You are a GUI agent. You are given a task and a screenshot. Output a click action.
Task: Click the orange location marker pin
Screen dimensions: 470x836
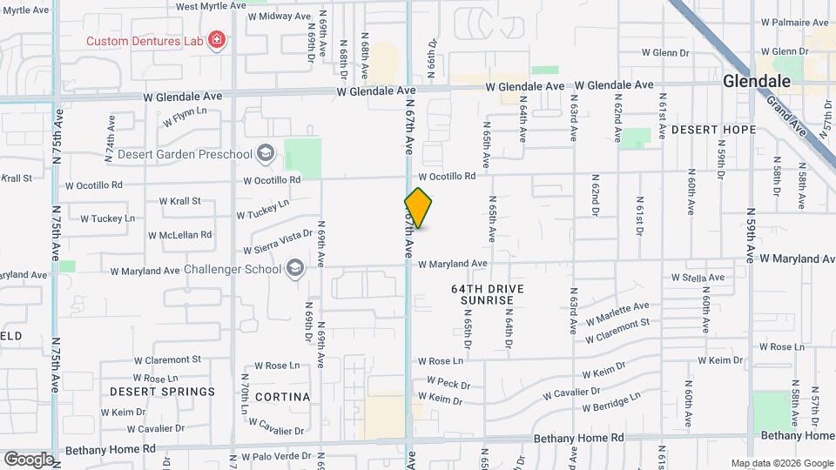418,208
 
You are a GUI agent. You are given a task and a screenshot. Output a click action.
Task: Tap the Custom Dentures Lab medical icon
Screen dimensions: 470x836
217,40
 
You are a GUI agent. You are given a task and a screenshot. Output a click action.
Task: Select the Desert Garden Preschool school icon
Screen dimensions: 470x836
266,155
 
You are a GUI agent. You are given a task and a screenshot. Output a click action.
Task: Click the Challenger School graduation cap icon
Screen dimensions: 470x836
296,268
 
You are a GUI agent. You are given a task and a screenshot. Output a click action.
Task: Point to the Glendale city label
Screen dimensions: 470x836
757,81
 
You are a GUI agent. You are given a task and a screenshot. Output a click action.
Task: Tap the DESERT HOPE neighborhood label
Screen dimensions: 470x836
713,130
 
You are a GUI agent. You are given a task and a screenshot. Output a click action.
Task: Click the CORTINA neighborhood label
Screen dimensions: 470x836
282,397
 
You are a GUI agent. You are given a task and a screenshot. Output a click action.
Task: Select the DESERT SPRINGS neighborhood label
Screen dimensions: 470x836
162,392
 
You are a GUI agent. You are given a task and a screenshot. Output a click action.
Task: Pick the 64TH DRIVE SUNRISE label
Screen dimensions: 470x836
483,293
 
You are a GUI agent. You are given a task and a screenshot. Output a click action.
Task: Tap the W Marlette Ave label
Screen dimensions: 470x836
617,312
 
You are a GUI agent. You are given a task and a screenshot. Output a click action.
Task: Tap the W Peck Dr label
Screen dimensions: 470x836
448,383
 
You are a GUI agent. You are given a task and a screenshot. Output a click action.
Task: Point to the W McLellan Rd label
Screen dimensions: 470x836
179,235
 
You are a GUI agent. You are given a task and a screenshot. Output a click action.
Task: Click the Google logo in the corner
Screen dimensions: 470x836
29,459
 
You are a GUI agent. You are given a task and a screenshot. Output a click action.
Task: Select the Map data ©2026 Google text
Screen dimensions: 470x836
781,463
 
